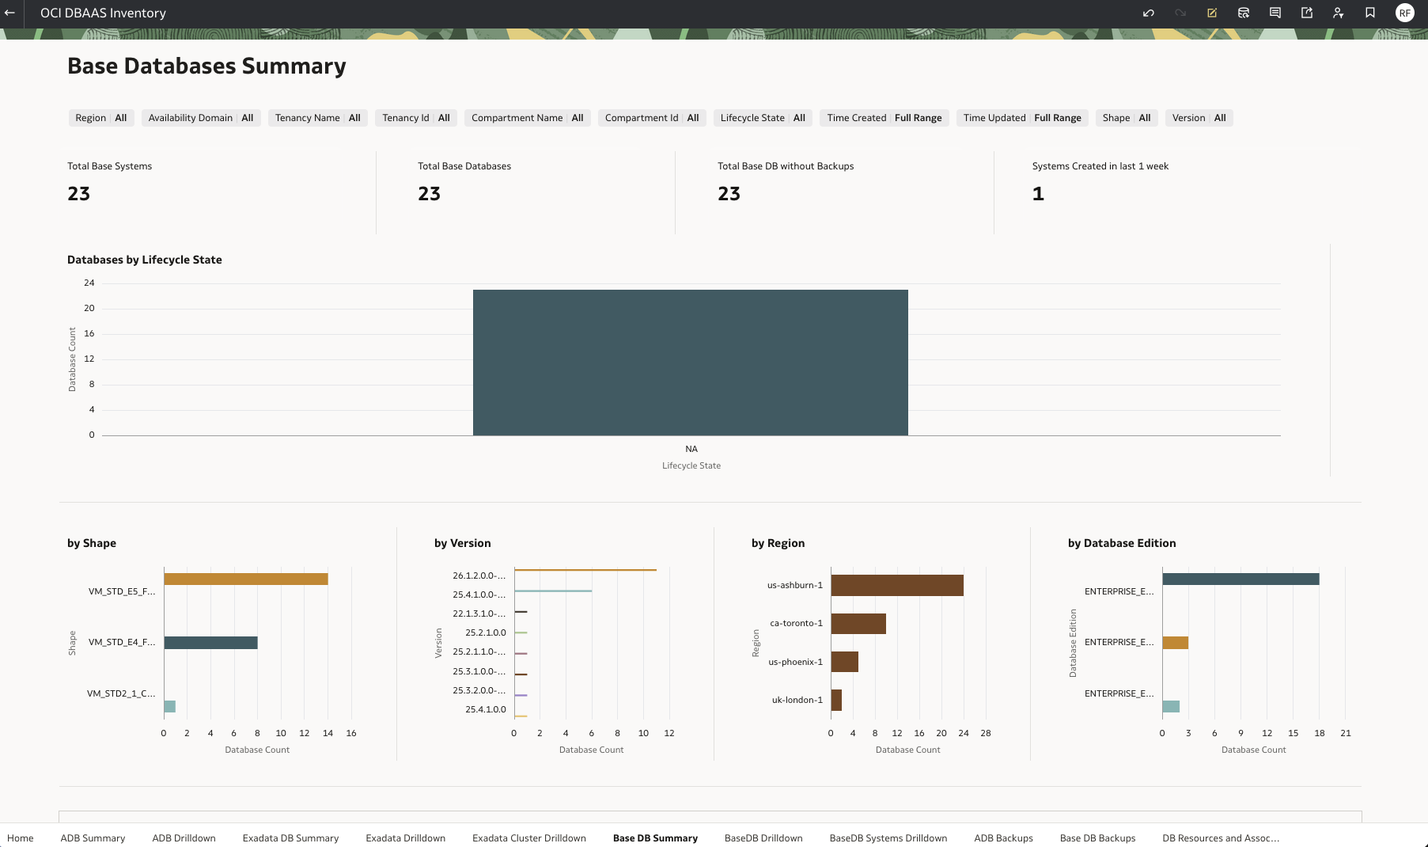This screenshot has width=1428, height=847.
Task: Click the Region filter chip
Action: pyautogui.click(x=100, y=118)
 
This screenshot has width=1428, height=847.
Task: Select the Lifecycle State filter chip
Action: pyautogui.click(x=762, y=118)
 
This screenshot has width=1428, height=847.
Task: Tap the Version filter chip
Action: pyautogui.click(x=1198, y=118)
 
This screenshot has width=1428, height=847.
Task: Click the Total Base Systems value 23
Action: pyautogui.click(x=79, y=194)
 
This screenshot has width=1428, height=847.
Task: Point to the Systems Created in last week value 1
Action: pyautogui.click(x=1038, y=194)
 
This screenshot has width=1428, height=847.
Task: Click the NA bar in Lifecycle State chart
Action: pyautogui.click(x=690, y=363)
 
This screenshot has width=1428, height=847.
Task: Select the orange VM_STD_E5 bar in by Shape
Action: pyautogui.click(x=245, y=579)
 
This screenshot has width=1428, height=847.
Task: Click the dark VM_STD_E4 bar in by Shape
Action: pyautogui.click(x=210, y=643)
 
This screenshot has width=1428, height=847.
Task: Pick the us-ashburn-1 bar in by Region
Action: pyautogui.click(x=896, y=585)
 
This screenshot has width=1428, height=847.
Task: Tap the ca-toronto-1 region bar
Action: pyautogui.click(x=858, y=624)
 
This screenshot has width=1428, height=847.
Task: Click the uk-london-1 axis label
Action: pyautogui.click(x=797, y=700)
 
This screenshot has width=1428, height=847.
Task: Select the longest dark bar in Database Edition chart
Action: pyautogui.click(x=1240, y=579)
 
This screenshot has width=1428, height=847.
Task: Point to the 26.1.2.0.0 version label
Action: pyautogui.click(x=479, y=575)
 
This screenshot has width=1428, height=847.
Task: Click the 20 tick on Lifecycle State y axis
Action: pyautogui.click(x=89, y=308)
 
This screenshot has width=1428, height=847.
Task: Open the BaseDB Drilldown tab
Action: pyautogui.click(x=763, y=838)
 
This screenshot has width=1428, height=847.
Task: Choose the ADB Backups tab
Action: pyautogui.click(x=1002, y=838)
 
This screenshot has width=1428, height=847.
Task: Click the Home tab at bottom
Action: pyautogui.click(x=21, y=838)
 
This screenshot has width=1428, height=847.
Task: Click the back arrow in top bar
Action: pyautogui.click(x=10, y=13)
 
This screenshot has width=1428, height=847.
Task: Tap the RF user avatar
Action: pyautogui.click(x=1404, y=13)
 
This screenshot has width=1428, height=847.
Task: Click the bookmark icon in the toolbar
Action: pyautogui.click(x=1369, y=13)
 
